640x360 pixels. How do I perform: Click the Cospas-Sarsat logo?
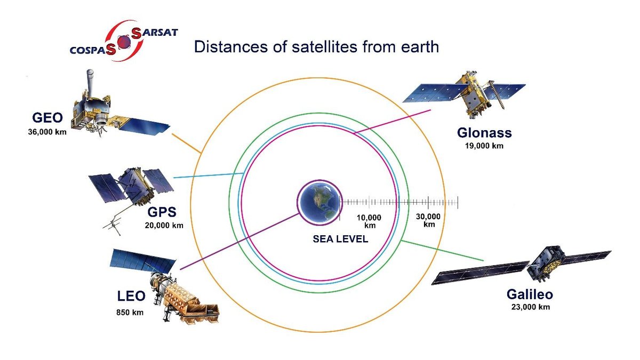[124, 41]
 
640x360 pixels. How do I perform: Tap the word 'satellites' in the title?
[324, 46]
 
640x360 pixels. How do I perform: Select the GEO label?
[47, 118]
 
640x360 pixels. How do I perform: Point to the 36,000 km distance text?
[47, 132]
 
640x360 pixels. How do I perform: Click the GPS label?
[162, 212]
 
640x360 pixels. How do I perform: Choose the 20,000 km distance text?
[164, 226]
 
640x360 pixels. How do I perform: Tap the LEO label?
[131, 296]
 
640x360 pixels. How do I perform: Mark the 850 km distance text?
[130, 313]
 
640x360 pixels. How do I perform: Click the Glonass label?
[484, 133]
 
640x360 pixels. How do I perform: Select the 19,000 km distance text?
[484, 146]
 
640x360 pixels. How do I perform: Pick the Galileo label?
[530, 294]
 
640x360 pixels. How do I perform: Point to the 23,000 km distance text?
[531, 307]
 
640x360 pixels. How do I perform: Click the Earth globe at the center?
[319, 203]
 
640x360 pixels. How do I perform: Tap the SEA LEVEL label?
[340, 239]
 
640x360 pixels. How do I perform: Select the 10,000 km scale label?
[369, 221]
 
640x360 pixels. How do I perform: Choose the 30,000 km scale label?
[428, 220]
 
